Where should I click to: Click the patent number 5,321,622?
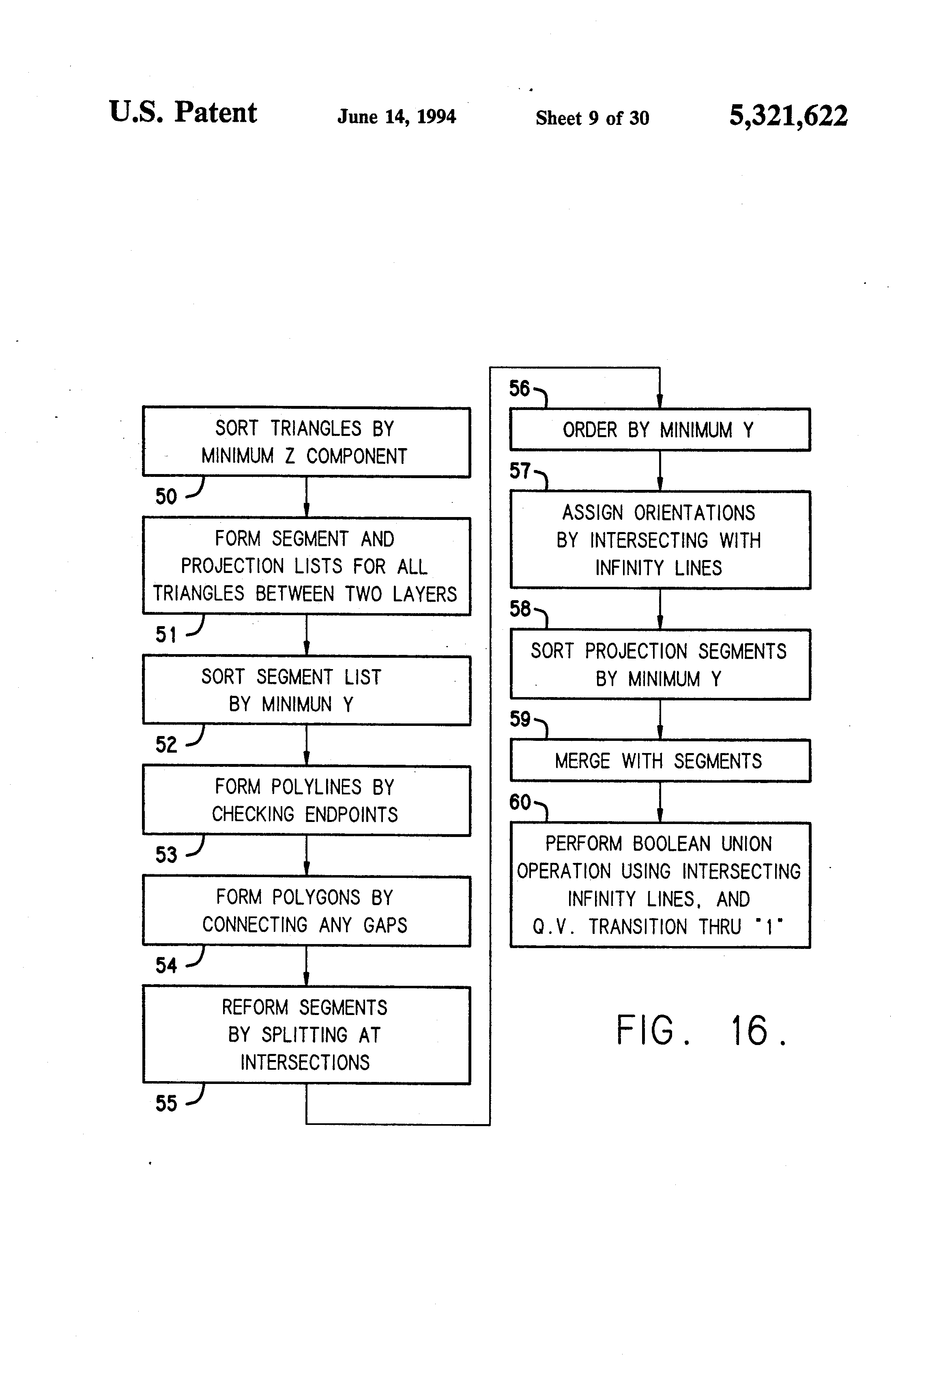788,116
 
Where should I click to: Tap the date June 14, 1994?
397,116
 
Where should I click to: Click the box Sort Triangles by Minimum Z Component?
306,442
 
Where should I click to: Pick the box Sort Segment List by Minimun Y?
306,691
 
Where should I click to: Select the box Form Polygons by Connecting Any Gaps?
306,911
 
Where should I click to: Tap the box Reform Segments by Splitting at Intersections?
306,1035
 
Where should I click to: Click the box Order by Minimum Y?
660,429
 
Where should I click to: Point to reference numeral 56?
519,389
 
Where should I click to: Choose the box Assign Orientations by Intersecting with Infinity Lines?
660,540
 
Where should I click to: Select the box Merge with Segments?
660,761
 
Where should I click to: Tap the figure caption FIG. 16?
702,1030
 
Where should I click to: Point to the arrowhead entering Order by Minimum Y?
660,402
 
